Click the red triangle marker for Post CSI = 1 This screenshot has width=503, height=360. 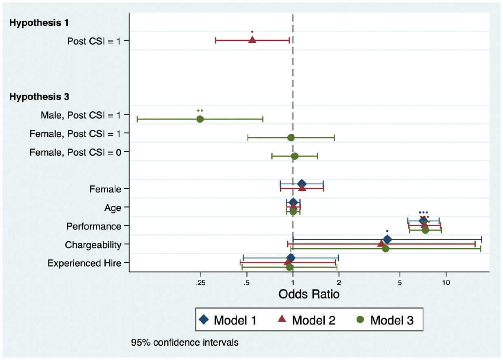click(252, 40)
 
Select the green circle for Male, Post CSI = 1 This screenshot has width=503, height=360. click(200, 119)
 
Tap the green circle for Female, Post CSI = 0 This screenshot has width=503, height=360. click(295, 156)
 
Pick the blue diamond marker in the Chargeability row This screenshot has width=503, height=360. click(387, 239)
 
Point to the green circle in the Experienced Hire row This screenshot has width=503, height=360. click(290, 267)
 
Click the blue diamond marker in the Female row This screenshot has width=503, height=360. click(301, 184)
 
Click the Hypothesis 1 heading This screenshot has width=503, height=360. click(39, 23)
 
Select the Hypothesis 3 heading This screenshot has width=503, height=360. click(39, 97)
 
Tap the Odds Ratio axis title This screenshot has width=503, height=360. click(309, 294)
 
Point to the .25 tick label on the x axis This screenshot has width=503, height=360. click(200, 283)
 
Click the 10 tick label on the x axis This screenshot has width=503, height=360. click(446, 283)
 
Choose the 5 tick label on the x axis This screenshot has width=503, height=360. click(400, 283)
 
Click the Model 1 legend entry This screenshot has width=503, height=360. click(228, 320)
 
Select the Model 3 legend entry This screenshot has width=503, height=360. click(385, 320)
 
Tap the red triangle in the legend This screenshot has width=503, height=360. click(282, 319)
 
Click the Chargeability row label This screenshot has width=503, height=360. click(93, 245)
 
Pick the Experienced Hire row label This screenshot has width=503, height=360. click(84, 263)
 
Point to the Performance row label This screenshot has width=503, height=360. click(94, 226)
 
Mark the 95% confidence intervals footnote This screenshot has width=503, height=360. click(184, 343)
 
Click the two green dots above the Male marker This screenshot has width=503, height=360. click(200, 110)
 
